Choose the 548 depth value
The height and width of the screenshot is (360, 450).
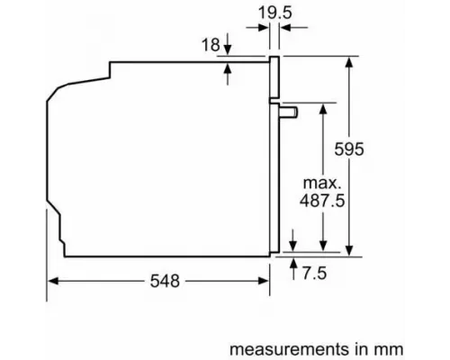[x=161, y=281]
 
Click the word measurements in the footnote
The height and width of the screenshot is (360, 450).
[x=274, y=346]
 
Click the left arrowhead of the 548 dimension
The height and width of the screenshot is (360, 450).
[x=52, y=281]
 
